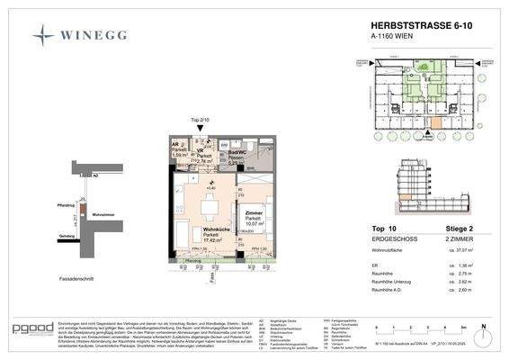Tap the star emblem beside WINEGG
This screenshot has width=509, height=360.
coord(43,35)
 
